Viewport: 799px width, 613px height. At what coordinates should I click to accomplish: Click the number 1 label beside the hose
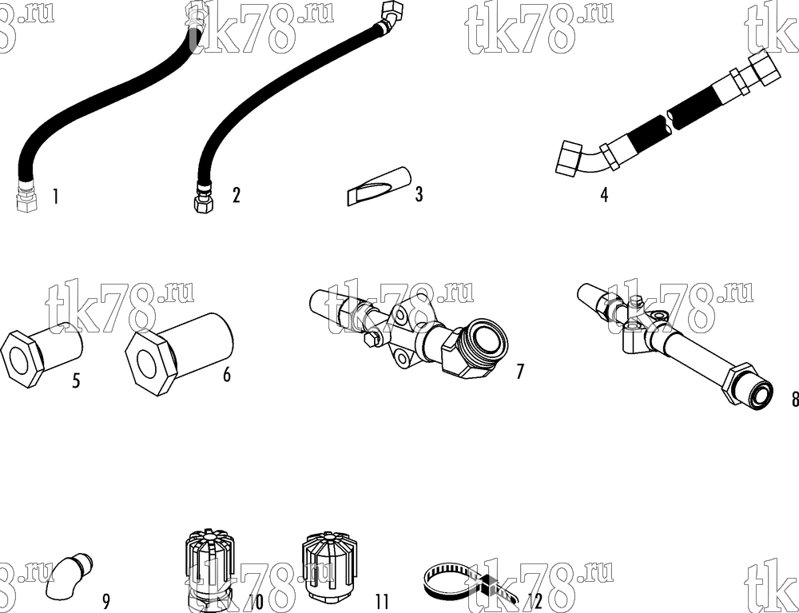pyautogui.click(x=56, y=197)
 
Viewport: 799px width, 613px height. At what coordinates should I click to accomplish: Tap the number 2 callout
pyautogui.click(x=236, y=195)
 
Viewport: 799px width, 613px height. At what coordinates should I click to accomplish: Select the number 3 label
pyautogui.click(x=419, y=194)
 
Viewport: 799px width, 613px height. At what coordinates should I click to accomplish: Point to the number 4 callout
pyautogui.click(x=604, y=195)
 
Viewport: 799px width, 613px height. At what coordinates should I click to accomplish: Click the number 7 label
pyautogui.click(x=520, y=372)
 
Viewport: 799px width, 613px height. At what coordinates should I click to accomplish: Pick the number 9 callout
pyautogui.click(x=106, y=602)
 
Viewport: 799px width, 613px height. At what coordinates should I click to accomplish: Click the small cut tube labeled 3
pyautogui.click(x=379, y=185)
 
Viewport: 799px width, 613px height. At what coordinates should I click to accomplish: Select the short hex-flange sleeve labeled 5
pyautogui.click(x=42, y=353)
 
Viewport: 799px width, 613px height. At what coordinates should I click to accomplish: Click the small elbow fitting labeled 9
pyautogui.click(x=69, y=577)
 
